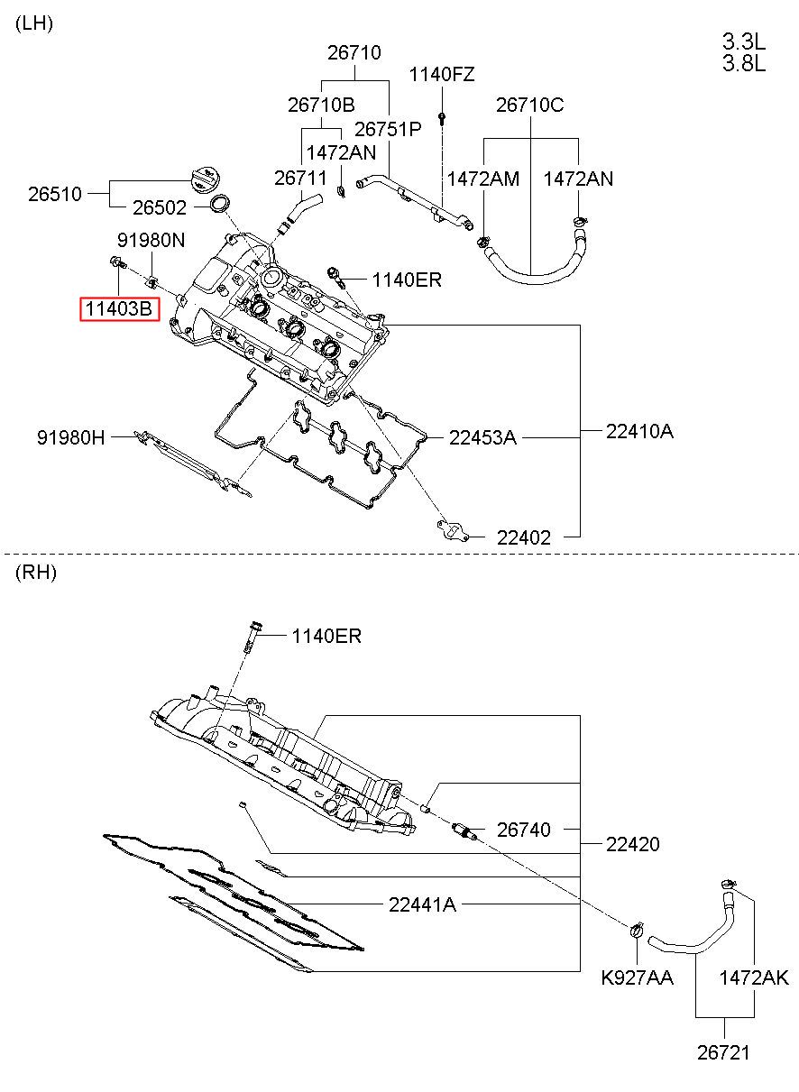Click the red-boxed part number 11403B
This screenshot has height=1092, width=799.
(119, 308)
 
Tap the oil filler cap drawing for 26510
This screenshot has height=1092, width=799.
(207, 180)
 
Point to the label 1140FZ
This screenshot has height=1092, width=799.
(441, 75)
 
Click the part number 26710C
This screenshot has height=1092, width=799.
(530, 105)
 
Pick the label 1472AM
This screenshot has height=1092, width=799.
(483, 179)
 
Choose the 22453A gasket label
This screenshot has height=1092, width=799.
(482, 437)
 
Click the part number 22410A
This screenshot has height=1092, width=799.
(639, 431)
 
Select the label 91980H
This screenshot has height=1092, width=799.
(70, 437)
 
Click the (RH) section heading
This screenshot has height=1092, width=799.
(35, 572)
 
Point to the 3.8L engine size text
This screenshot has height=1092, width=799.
(743, 63)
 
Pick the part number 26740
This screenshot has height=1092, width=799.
(523, 830)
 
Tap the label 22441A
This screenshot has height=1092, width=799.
(422, 904)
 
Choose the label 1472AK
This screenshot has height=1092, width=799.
(754, 977)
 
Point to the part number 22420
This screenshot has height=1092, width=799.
(632, 844)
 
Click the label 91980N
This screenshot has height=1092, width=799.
(151, 241)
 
